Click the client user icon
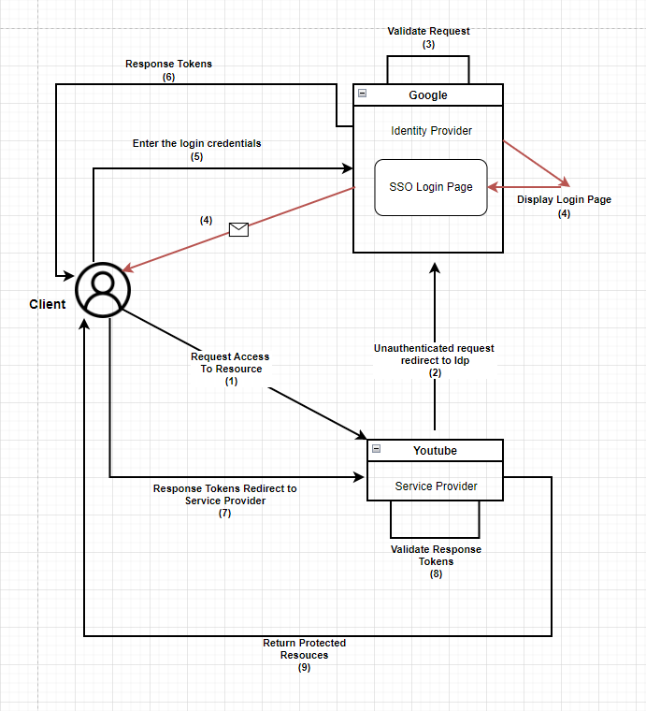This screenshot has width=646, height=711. (103, 289)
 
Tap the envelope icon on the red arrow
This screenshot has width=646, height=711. (238, 229)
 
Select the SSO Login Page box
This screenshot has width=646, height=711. (431, 187)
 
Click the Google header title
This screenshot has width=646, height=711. (428, 95)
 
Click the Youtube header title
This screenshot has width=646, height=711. (435, 451)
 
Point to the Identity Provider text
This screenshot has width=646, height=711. (431, 131)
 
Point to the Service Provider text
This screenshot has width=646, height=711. (436, 486)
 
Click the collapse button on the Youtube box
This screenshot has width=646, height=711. (376, 450)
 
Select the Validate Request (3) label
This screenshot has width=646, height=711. (428, 37)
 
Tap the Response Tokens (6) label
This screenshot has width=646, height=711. (168, 70)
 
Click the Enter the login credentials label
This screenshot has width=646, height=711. (196, 150)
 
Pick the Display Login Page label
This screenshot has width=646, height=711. (564, 206)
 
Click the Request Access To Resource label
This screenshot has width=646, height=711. (230, 369)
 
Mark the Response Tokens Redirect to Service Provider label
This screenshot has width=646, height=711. (224, 501)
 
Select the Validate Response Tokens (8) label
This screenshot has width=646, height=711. (436, 561)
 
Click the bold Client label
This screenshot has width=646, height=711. (48, 304)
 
